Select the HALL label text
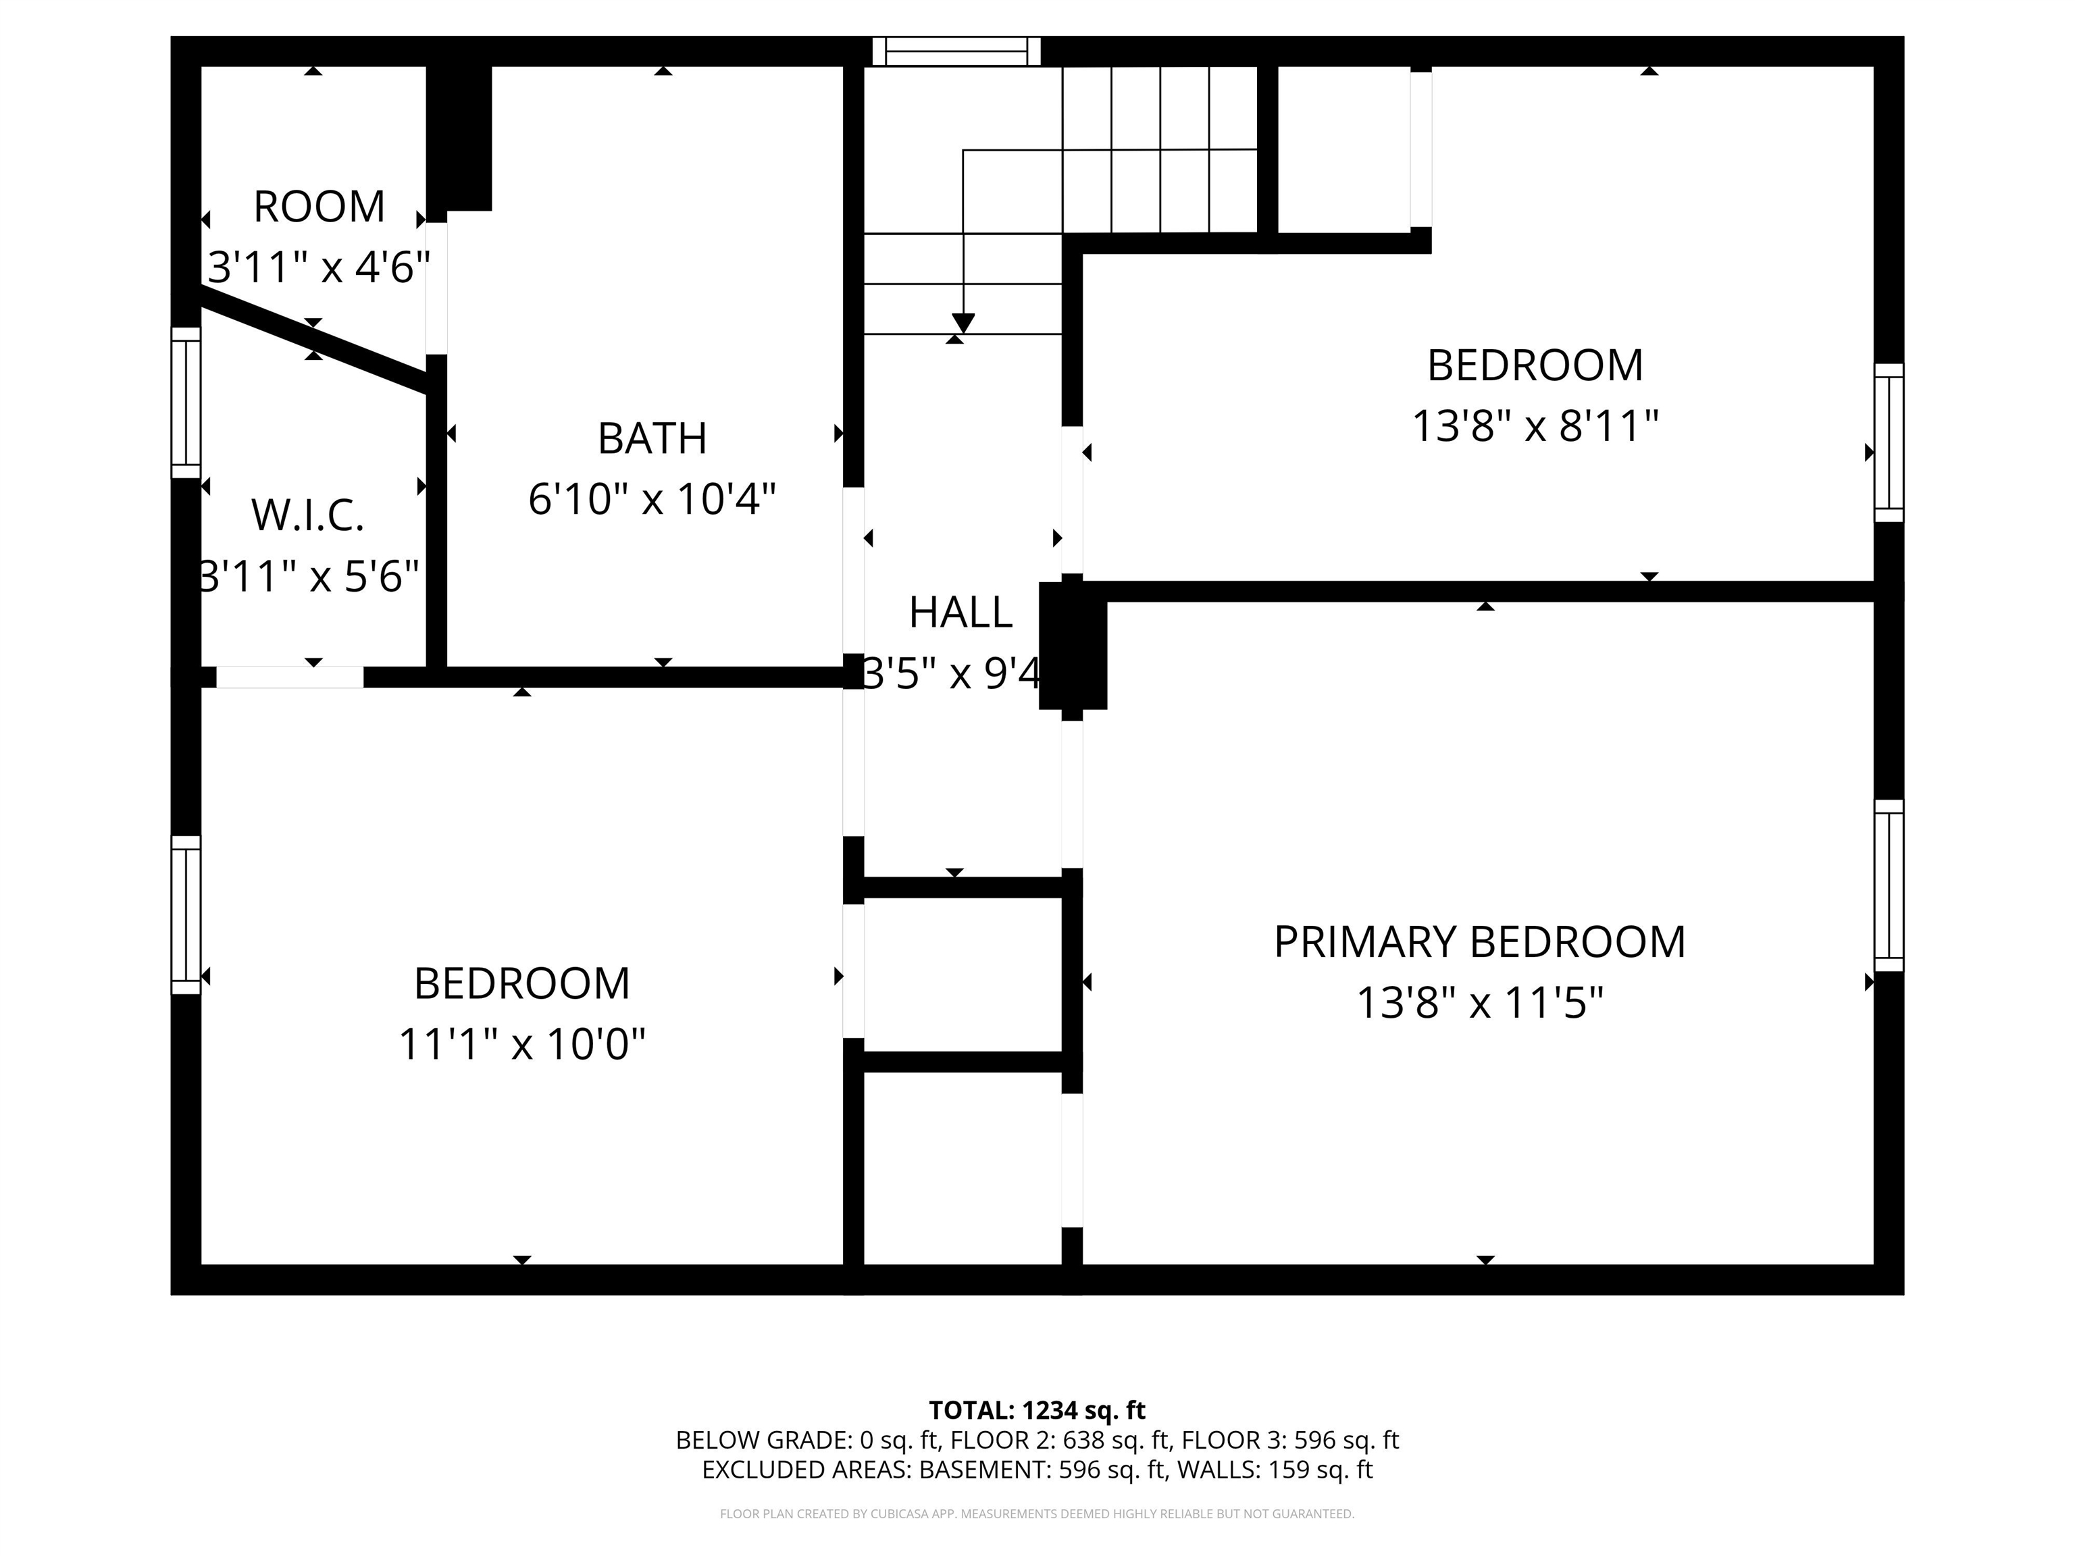tap(960, 613)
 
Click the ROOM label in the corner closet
tap(319, 207)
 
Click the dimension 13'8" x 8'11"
tap(1535, 427)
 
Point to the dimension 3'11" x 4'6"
tap(318, 268)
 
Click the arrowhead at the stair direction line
tap(963, 323)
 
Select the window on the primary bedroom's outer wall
tap(1889, 885)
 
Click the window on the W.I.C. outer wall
tap(186, 403)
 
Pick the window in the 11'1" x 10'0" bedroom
tap(186, 914)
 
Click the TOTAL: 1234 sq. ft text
tap(1037, 1409)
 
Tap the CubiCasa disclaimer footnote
tap(1037, 1514)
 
